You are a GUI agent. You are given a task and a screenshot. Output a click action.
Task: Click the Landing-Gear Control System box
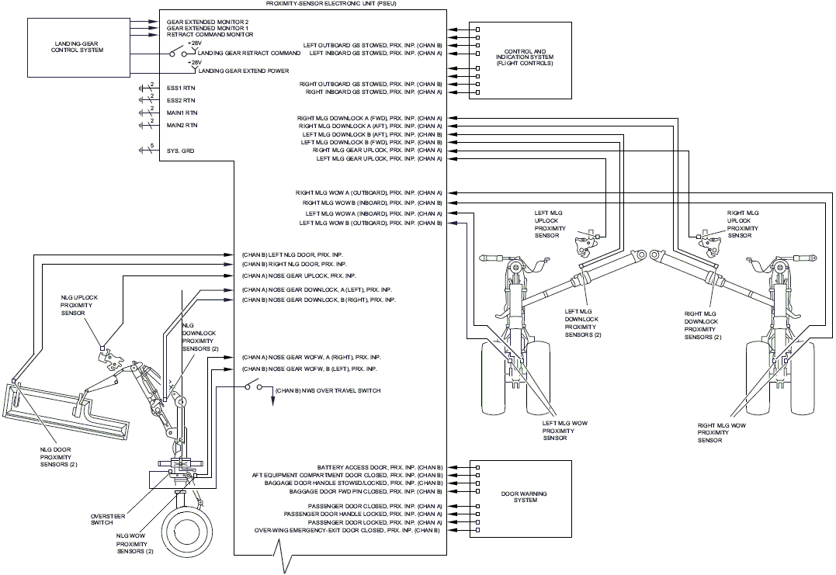point(78,47)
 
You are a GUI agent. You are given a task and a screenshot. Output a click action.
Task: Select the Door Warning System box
point(520,499)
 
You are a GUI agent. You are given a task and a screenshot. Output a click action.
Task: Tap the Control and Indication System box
point(520,61)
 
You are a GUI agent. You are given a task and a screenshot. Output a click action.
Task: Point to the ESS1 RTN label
point(181,88)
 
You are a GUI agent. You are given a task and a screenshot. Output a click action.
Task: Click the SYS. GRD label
point(180,151)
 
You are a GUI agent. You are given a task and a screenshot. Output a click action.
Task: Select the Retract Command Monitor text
point(210,35)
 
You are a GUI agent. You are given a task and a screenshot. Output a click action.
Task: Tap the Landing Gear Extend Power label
point(244,71)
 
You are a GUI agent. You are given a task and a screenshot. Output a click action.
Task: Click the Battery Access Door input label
point(380,467)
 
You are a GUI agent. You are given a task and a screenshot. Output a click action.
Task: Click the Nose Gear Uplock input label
point(299,276)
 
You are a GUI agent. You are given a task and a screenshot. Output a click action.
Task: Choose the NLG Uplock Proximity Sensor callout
point(79,306)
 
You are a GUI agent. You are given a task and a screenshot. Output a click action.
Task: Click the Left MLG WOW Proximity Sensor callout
point(564,431)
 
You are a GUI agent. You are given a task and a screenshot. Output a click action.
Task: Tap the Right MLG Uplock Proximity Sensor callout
point(743,223)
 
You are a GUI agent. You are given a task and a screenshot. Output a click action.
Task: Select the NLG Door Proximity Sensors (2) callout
point(59,457)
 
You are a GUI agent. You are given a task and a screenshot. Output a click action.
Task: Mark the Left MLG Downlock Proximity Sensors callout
point(583,323)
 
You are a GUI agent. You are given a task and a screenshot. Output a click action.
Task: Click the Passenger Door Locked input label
point(376,522)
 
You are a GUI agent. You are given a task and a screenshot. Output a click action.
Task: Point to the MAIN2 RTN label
point(182,125)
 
